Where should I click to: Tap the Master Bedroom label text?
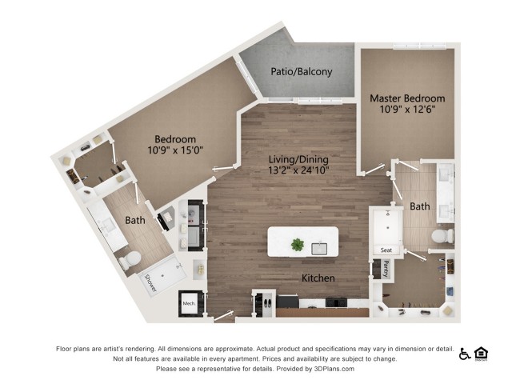pyautogui.click(x=407, y=98)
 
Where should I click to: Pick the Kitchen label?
pyautogui.click(x=318, y=278)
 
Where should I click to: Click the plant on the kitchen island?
pyautogui.click(x=298, y=244)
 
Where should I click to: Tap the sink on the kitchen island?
pyautogui.click(x=321, y=248)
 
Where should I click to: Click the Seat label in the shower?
pyautogui.click(x=386, y=249)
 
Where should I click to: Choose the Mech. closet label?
pyautogui.click(x=190, y=304)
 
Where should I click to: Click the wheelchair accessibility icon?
pyautogui.click(x=465, y=354)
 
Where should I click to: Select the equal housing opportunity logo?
pyautogui.click(x=482, y=354)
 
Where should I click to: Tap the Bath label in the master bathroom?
pyautogui.click(x=420, y=206)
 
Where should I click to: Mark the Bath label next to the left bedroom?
pyautogui.click(x=134, y=219)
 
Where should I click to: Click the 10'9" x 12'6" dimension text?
pyautogui.click(x=407, y=110)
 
